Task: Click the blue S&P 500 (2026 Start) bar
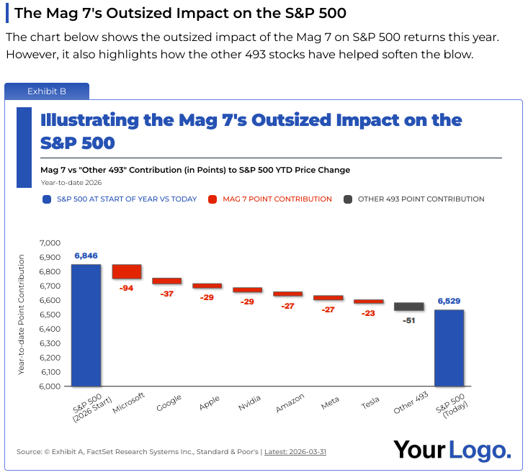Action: point(86,325)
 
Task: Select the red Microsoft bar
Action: point(126,271)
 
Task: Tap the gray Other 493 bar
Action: point(408,307)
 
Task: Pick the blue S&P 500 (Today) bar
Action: point(449,348)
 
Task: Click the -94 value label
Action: point(126,288)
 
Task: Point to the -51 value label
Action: point(408,320)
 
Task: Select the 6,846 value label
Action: point(86,255)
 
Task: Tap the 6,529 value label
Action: point(449,302)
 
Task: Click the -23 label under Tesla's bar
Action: point(368,313)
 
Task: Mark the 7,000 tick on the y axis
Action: point(49,243)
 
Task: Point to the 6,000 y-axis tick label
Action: point(49,386)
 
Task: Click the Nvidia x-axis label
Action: point(249,404)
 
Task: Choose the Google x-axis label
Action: point(169,404)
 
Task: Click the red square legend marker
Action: point(212,199)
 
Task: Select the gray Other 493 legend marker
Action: point(347,199)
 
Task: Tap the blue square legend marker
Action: point(47,199)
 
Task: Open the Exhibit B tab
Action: point(47,91)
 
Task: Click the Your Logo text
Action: point(452,451)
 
